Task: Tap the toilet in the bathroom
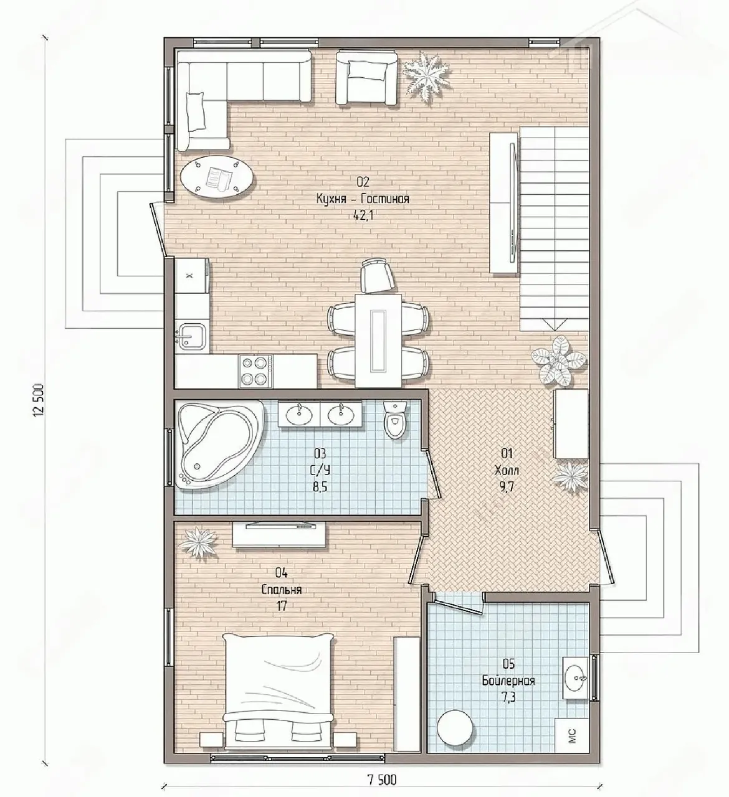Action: (x=395, y=419)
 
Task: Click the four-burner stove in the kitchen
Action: (x=255, y=370)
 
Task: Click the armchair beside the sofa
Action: (x=366, y=78)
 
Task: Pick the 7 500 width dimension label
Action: (x=382, y=780)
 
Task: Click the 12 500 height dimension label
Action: (x=38, y=400)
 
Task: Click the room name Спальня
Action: (x=282, y=590)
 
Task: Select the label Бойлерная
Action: (x=508, y=680)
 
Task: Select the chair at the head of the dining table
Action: (x=378, y=275)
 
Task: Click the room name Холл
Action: (x=507, y=471)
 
